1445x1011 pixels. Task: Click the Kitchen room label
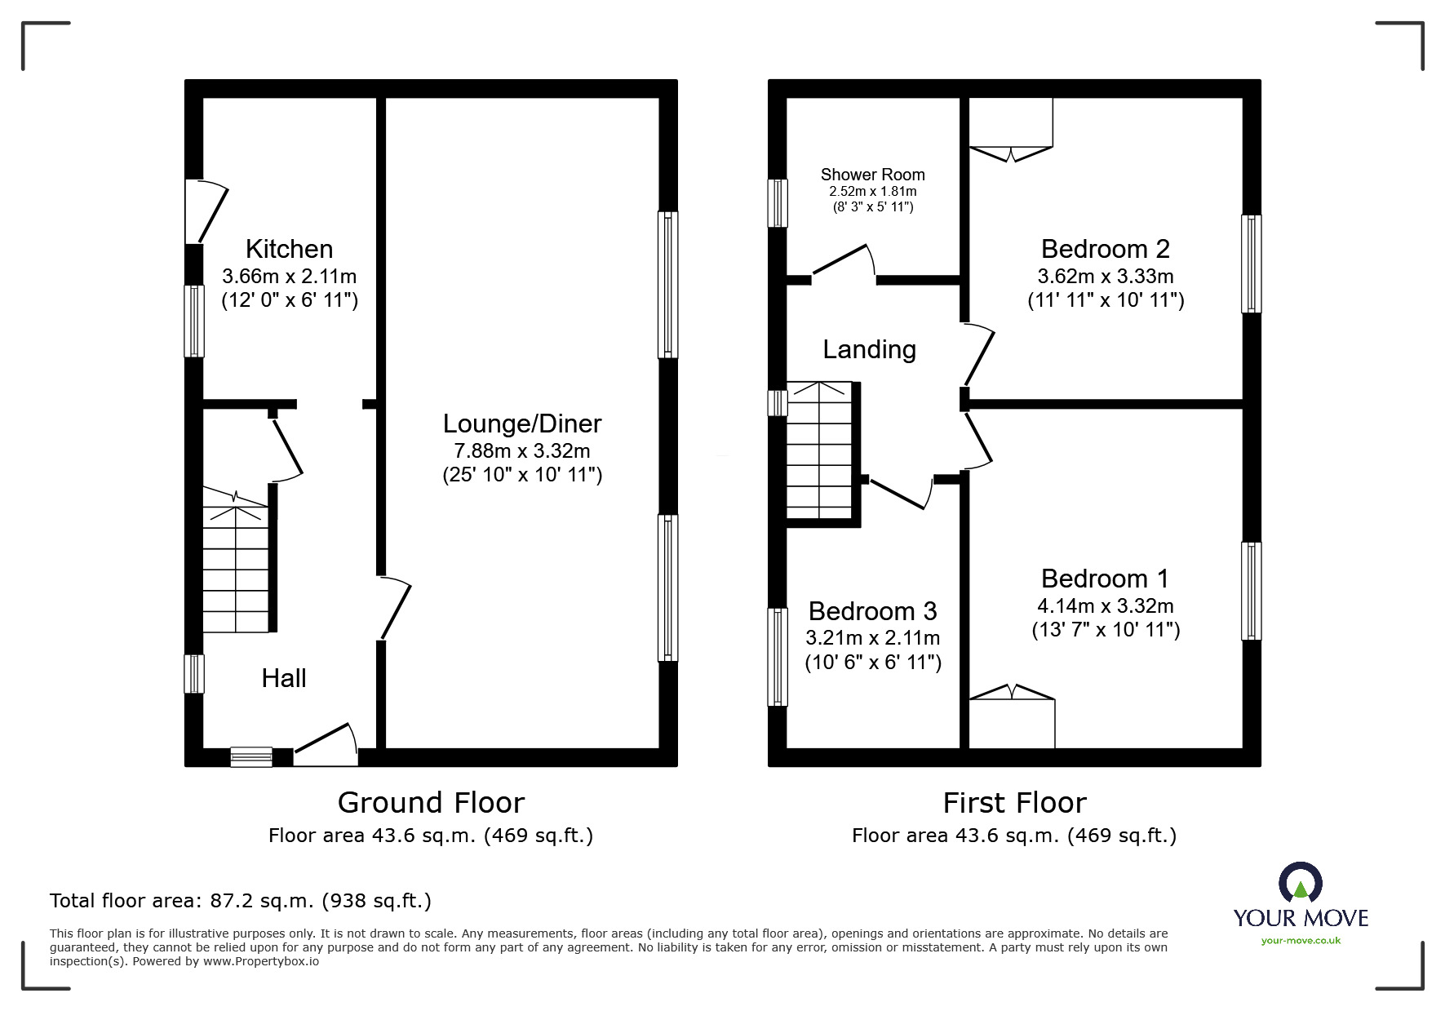coord(289,249)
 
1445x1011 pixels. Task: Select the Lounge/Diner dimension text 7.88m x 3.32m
coord(522,450)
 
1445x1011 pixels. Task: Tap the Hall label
coord(284,678)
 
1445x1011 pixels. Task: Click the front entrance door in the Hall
coord(326,746)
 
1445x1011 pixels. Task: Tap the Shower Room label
coord(872,175)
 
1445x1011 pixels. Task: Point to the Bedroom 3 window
coord(778,657)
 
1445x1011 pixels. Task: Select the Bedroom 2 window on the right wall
coord(1251,264)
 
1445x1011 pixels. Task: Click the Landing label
coord(869,350)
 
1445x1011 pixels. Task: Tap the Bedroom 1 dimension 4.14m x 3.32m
coord(1105,606)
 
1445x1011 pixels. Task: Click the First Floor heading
coord(1014,803)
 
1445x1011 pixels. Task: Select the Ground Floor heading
coord(431,803)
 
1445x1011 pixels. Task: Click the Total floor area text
coord(241,901)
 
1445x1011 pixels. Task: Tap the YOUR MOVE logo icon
coord(1300,883)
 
